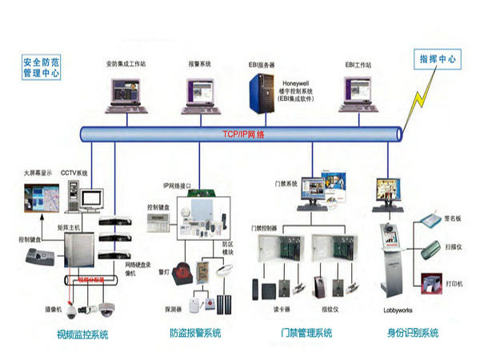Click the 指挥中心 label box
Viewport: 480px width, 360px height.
pos(437,59)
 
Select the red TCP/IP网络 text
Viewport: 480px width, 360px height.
pos(244,134)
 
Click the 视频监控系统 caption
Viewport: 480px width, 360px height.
pos(82,334)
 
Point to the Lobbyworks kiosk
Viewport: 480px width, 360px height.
pos(391,256)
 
